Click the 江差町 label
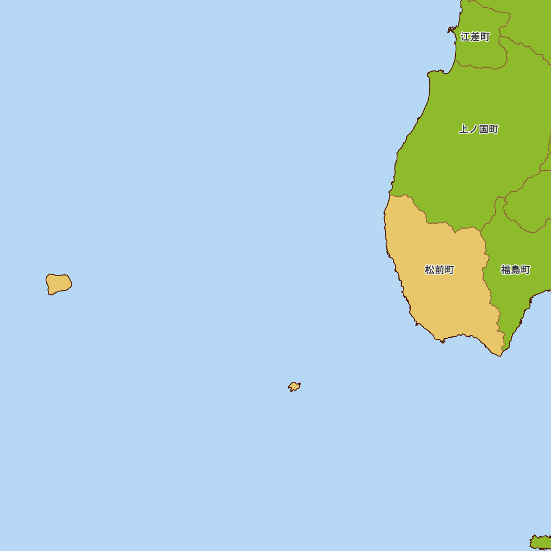pos(475,37)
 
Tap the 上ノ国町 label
pos(478,129)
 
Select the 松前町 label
pos(439,270)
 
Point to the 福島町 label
pos(515,270)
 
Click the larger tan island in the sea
pos(58,283)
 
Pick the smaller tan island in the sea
pos(294,386)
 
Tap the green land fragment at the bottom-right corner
pos(542,542)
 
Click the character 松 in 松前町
pos(430,270)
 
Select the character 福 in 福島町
pos(506,270)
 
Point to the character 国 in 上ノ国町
pos(484,129)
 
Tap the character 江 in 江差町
pos(466,37)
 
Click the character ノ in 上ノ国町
pos(473,129)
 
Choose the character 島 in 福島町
pos(515,270)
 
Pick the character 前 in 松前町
pos(439,270)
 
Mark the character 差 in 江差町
pos(475,37)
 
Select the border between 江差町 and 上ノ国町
pos(479,68)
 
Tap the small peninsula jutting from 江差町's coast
pos(451,29)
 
